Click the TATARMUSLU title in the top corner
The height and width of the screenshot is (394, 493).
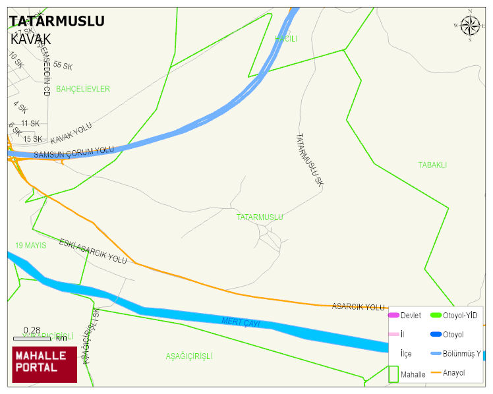coord(57,21)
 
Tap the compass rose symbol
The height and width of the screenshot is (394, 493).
coord(470,26)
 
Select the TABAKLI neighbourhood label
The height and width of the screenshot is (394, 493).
coord(432,165)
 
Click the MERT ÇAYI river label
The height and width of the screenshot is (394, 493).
coord(241,322)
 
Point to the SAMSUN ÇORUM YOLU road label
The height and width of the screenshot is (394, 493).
coord(74,152)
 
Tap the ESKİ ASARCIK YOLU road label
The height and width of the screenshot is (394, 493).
coord(93,251)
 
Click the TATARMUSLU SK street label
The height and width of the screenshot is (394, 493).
coord(308,160)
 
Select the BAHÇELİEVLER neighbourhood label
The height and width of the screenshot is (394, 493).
coord(83,89)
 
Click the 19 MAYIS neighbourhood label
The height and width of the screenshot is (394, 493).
coord(31,246)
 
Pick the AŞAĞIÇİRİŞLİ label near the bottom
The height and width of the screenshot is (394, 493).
coord(189,356)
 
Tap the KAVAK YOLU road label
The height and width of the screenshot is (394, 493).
coord(71,134)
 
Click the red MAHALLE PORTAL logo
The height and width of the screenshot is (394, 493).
coord(45,364)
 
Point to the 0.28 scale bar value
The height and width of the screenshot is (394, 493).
coord(32,330)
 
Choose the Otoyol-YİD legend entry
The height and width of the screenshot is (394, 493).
coord(460,316)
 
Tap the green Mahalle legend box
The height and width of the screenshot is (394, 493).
coord(393,373)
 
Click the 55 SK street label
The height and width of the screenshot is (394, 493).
coord(63,65)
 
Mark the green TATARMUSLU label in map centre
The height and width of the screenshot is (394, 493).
coord(260,217)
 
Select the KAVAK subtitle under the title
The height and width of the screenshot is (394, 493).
coord(31,39)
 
